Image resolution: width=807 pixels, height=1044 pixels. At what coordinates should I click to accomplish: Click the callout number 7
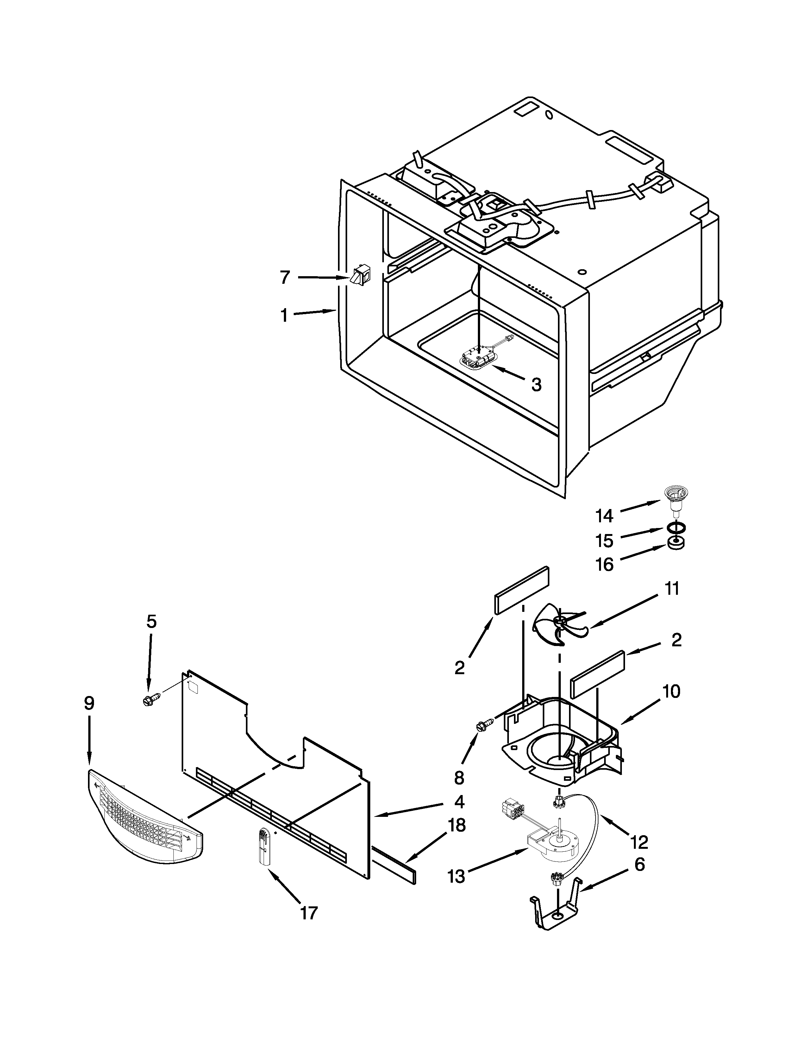[x=285, y=277]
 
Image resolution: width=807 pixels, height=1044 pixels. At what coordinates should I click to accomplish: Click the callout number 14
[x=604, y=515]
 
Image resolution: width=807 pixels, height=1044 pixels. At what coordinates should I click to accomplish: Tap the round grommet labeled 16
[x=675, y=544]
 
